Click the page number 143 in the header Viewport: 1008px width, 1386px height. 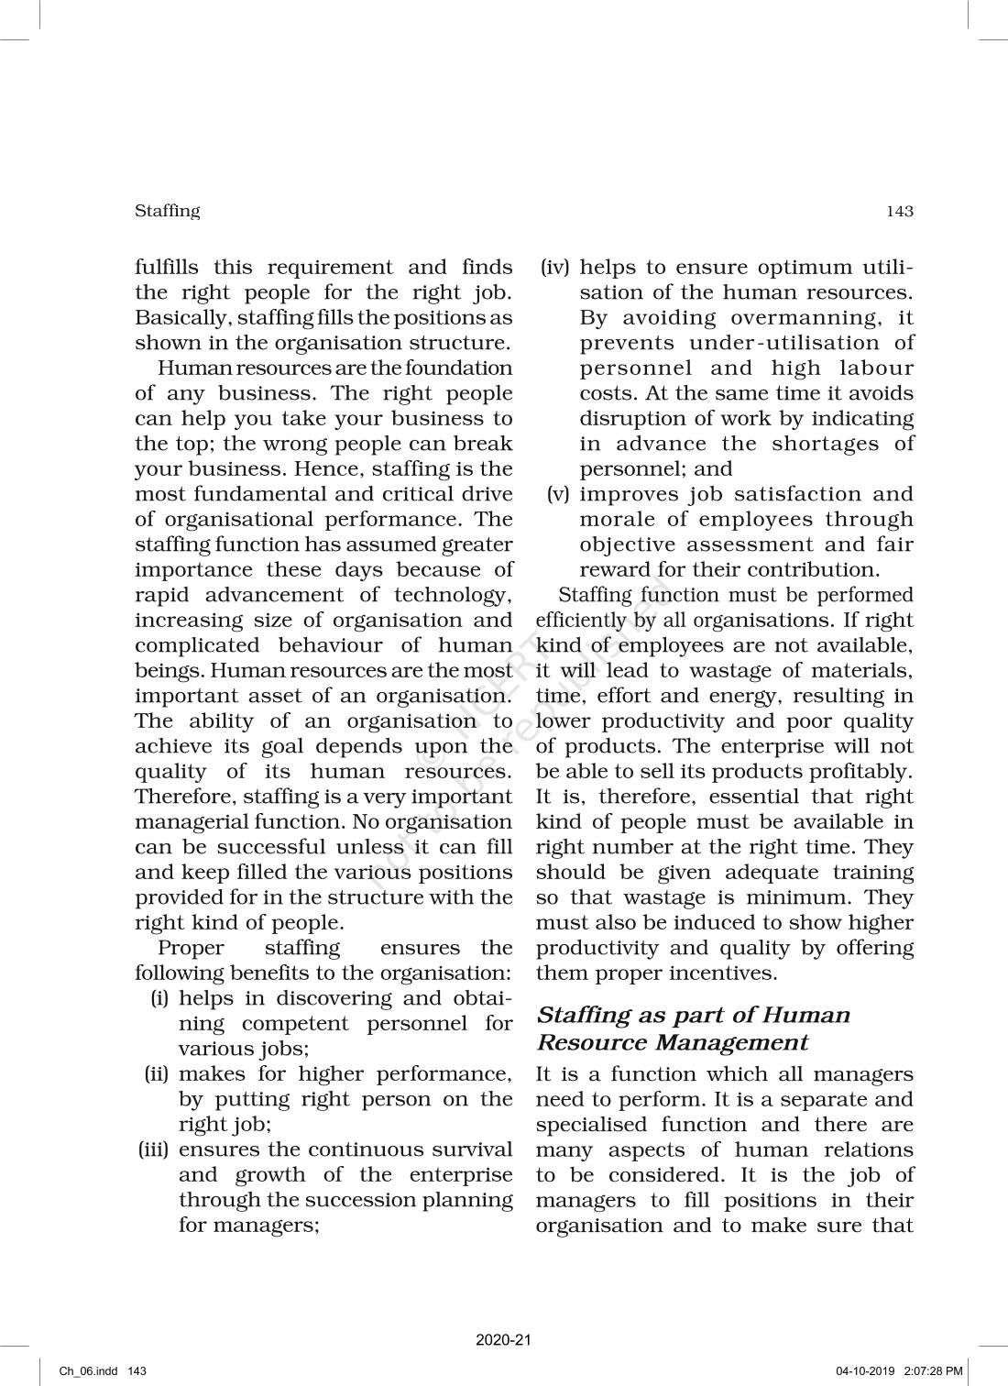tap(899, 212)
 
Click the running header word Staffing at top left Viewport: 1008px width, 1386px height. tap(167, 211)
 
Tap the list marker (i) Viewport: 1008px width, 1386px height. tap(159, 998)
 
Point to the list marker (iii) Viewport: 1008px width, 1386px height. tap(154, 1149)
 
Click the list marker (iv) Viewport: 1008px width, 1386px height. tap(554, 268)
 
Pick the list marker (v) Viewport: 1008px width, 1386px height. tap(558, 494)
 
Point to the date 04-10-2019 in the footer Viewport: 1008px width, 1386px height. tap(865, 1371)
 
